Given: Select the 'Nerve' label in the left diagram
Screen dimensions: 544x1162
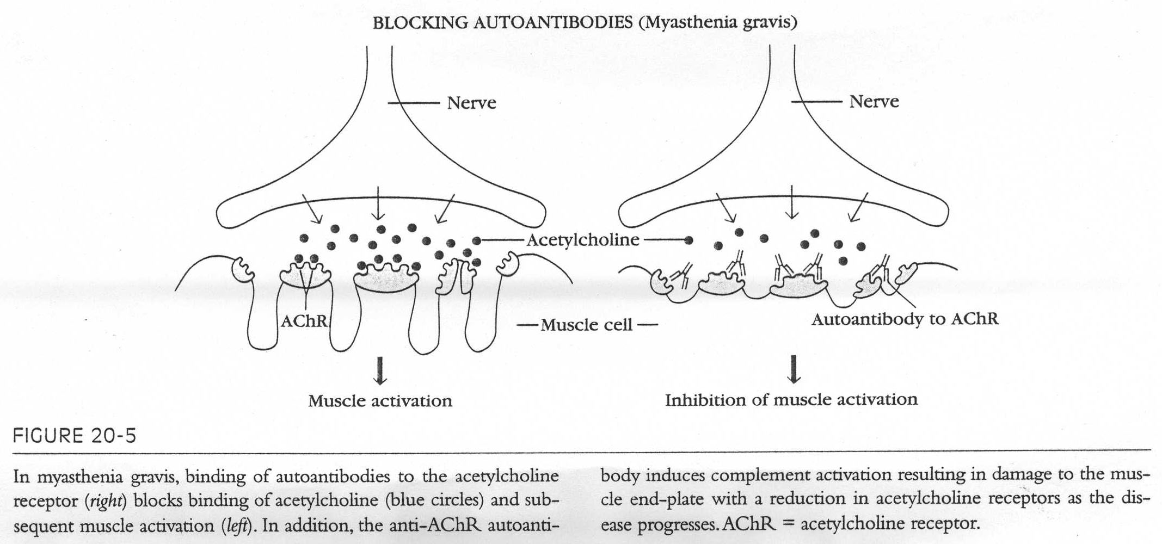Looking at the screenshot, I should pyautogui.click(x=471, y=103).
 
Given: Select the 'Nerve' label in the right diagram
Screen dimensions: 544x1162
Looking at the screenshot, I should pyautogui.click(x=874, y=102).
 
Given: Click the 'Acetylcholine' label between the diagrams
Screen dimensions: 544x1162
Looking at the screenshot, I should pyautogui.click(x=582, y=240).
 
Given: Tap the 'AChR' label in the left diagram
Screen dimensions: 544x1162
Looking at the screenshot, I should pyautogui.click(x=304, y=321).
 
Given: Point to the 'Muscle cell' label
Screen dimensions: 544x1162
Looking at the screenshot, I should pyautogui.click(x=587, y=325).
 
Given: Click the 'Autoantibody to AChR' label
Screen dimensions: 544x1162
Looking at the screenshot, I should pyautogui.click(x=905, y=319).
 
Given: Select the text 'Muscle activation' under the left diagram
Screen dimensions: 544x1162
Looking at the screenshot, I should pyautogui.click(x=380, y=401).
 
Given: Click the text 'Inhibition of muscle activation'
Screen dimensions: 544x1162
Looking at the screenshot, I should pyautogui.click(x=791, y=400).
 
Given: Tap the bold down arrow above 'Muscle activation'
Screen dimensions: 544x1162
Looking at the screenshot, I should pyautogui.click(x=380, y=371).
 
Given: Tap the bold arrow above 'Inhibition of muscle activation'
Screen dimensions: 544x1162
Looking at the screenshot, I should pyautogui.click(x=795, y=369).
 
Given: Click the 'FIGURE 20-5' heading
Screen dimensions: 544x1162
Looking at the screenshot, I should pyautogui.click(x=75, y=436).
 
